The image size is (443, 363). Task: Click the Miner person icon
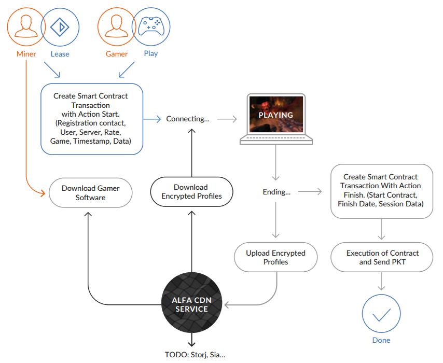pyautogui.click(x=26, y=26)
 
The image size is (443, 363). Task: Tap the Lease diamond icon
pyautogui.click(x=60, y=27)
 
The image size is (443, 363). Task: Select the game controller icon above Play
pyautogui.click(x=151, y=26)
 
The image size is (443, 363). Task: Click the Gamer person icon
pyautogui.click(x=117, y=26)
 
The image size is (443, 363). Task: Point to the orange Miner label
pyautogui.click(x=26, y=54)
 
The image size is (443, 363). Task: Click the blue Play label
pyautogui.click(x=151, y=54)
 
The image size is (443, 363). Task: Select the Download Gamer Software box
pyautogui.click(x=90, y=193)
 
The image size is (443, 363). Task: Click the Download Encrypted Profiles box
pyautogui.click(x=191, y=192)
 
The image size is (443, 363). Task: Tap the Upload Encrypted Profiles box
pyautogui.click(x=276, y=257)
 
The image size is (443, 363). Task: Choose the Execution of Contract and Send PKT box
pyautogui.click(x=382, y=257)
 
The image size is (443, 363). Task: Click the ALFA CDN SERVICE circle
pyautogui.click(x=192, y=302)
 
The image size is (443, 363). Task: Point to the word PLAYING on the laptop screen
pyautogui.click(x=276, y=115)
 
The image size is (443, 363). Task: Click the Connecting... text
pyautogui.click(x=188, y=119)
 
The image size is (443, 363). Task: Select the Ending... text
pyautogui.click(x=276, y=192)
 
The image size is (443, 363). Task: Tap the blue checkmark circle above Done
pyautogui.click(x=381, y=314)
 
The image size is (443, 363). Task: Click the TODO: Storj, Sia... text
pyautogui.click(x=195, y=355)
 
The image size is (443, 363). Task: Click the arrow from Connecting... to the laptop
pyautogui.click(x=227, y=119)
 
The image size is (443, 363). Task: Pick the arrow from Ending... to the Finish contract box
pyautogui.click(x=310, y=191)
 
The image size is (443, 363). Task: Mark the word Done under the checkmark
pyautogui.click(x=381, y=340)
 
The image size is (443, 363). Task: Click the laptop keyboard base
pyautogui.click(x=276, y=139)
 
